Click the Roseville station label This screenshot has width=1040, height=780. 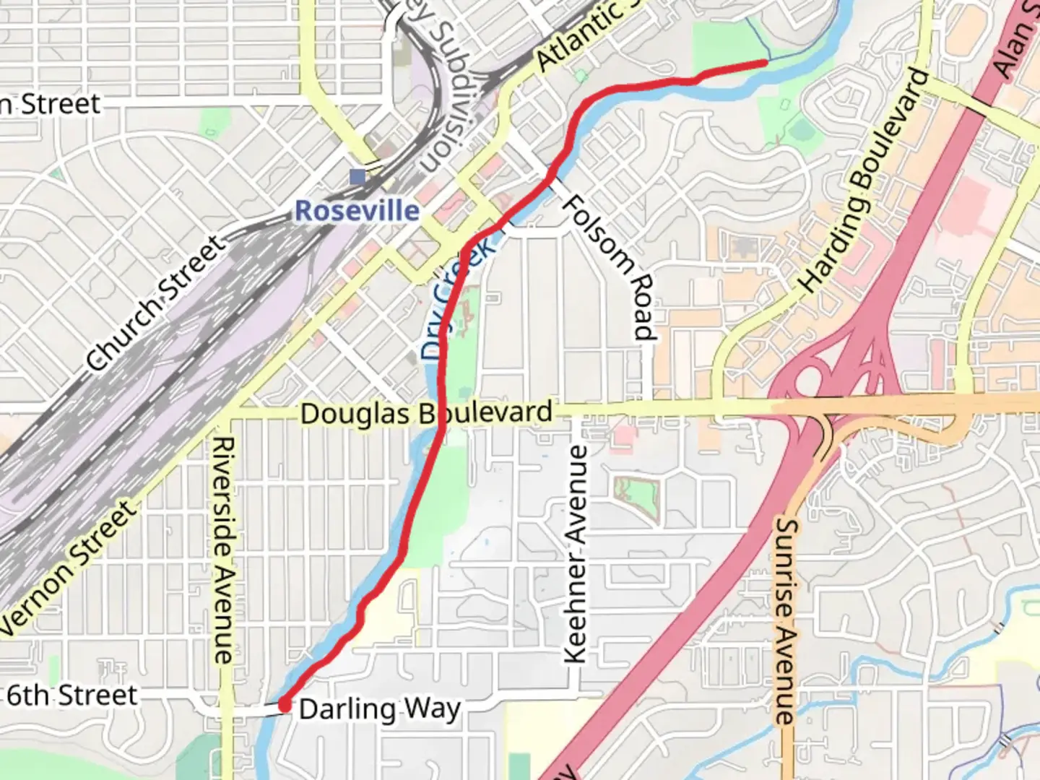coord(357,211)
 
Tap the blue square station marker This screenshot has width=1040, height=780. coord(357,176)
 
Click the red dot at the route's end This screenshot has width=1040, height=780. coord(285,705)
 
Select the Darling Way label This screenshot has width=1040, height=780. coord(379,709)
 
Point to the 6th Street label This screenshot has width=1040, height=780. coord(71,695)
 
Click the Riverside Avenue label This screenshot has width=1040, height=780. coord(223,550)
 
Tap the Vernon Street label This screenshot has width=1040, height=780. coord(69,570)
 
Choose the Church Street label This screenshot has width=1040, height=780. coord(155,303)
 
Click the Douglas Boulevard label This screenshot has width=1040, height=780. coord(426,414)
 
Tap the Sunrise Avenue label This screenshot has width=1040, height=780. coord(784,621)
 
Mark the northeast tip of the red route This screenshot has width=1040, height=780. coord(764,63)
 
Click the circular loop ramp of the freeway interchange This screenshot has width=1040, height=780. coord(810,379)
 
